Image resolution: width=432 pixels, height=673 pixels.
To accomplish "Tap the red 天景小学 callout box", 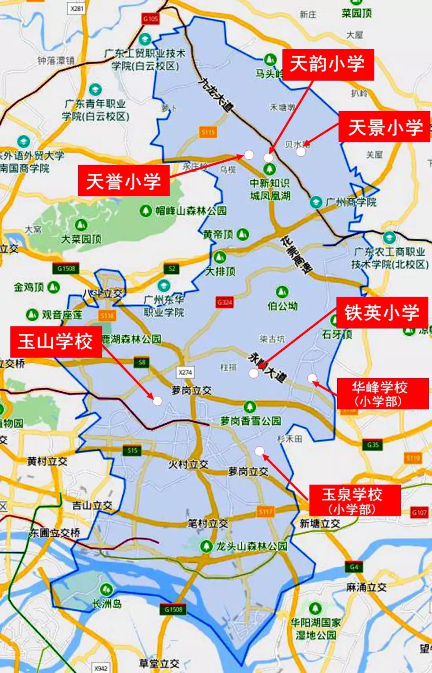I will tap(384, 127).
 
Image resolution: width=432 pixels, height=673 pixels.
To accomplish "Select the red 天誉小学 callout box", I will tap(124, 181).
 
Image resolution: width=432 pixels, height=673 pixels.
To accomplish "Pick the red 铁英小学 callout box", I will tap(382, 313).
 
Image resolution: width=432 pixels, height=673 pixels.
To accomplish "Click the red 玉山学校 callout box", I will tap(56, 342).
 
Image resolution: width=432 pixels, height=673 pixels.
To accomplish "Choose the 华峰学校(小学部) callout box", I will tap(382, 394).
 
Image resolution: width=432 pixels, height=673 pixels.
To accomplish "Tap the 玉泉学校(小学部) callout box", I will tap(354, 501).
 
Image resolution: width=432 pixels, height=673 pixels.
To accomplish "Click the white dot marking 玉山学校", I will tap(158, 400).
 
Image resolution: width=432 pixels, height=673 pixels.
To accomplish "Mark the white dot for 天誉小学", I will tap(249, 155).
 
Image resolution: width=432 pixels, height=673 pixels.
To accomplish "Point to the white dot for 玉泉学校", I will tap(260, 451).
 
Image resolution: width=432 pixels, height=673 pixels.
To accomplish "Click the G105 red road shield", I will tap(151, 18).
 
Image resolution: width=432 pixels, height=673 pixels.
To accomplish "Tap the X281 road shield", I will tap(77, 8).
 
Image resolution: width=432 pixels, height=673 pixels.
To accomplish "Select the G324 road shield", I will tap(224, 302).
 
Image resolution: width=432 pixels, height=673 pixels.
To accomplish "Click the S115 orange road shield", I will tap(208, 131).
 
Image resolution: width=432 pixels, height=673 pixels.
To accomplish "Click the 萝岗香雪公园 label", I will tap(251, 420).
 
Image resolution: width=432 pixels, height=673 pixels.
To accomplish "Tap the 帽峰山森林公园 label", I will tap(191, 210).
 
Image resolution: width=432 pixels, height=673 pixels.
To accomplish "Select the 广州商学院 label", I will tap(351, 202).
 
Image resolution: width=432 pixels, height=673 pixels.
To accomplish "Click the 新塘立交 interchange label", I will tap(320, 524).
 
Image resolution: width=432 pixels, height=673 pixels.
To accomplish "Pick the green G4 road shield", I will tap(354, 567).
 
